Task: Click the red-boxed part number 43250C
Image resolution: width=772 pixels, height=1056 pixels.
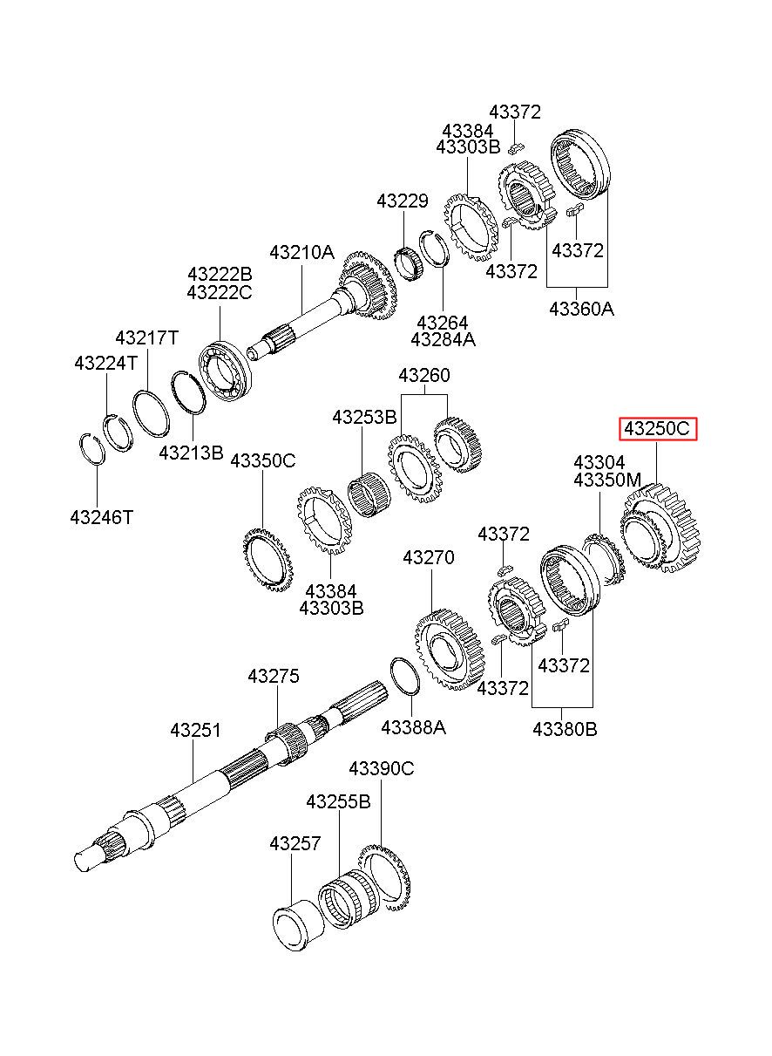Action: point(657,428)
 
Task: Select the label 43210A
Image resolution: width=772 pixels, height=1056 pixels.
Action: point(302,253)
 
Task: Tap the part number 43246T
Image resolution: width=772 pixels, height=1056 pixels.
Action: point(102,517)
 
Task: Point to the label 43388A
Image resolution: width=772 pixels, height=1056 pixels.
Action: point(413,727)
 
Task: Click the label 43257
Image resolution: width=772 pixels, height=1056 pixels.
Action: point(295,843)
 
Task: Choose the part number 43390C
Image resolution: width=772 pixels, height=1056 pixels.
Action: point(381,769)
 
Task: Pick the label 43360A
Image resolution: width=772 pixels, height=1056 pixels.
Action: point(582,309)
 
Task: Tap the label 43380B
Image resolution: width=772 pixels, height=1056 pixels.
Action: point(565,729)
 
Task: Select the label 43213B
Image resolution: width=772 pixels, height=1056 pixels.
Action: point(191,453)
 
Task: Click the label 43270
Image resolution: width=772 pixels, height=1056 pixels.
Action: point(429,558)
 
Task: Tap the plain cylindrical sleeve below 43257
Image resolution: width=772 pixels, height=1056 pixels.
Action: point(298,920)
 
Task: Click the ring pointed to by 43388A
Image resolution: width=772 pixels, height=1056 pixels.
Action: point(405,677)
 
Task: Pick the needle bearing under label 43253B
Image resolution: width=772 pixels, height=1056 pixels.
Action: point(369,494)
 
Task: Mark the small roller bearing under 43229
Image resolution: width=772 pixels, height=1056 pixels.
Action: point(408,264)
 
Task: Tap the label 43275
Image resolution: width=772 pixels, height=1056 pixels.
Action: point(274,677)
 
